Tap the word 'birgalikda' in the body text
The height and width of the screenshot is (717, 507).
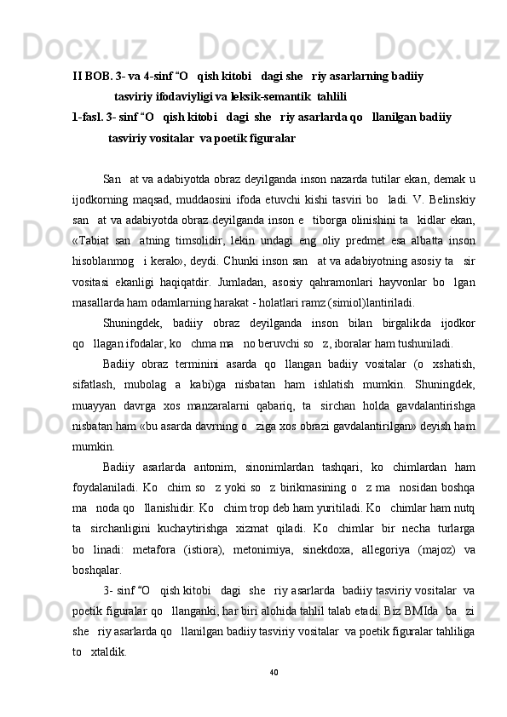click(x=398, y=323)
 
